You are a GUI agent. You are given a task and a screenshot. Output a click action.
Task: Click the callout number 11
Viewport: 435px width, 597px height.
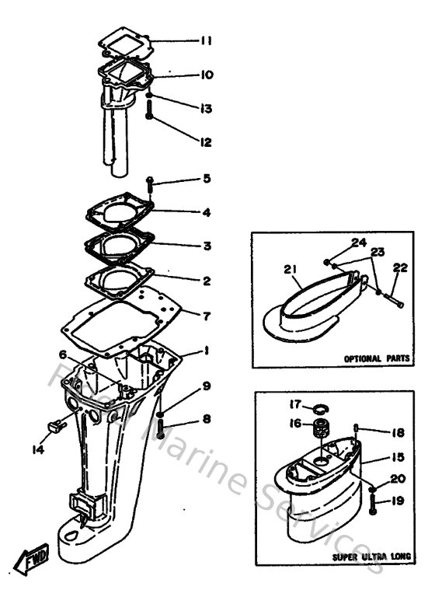[206, 40]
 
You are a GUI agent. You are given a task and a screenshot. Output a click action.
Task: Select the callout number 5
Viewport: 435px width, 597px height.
[206, 179]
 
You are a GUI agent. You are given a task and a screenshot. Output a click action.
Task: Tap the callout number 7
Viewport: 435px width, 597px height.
[206, 316]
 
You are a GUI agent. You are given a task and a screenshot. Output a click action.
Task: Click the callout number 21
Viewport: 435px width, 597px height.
[291, 269]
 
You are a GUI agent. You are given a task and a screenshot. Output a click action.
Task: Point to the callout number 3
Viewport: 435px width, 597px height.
[206, 246]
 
